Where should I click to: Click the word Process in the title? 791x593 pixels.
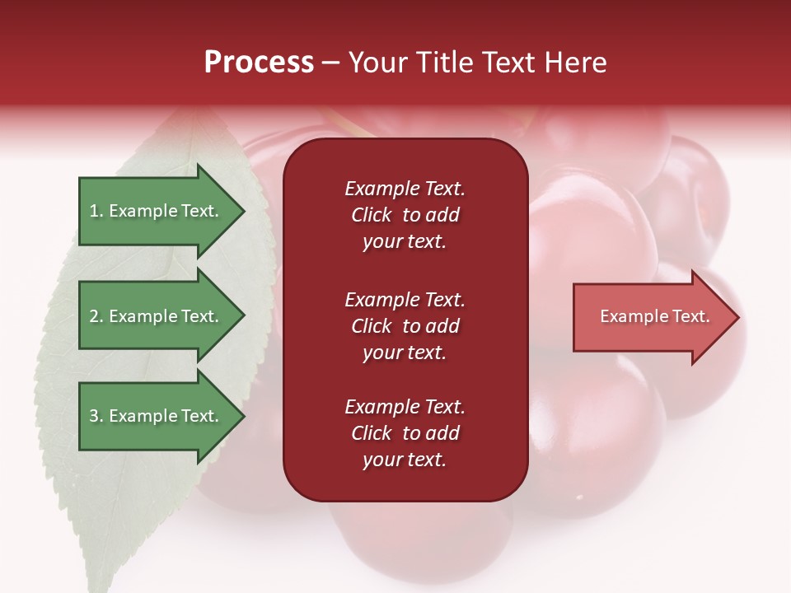(259, 63)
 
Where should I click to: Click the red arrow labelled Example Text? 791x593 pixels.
(654, 316)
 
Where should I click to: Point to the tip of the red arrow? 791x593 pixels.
(737, 317)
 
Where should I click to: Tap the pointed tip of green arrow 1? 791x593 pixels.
(243, 211)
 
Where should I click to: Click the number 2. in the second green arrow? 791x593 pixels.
(96, 316)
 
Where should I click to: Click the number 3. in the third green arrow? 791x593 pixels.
(96, 416)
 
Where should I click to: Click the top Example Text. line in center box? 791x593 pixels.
(405, 189)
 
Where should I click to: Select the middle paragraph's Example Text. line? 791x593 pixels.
(405, 300)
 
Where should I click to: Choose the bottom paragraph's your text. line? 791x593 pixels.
(405, 460)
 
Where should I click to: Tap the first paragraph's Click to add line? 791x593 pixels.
(405, 215)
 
